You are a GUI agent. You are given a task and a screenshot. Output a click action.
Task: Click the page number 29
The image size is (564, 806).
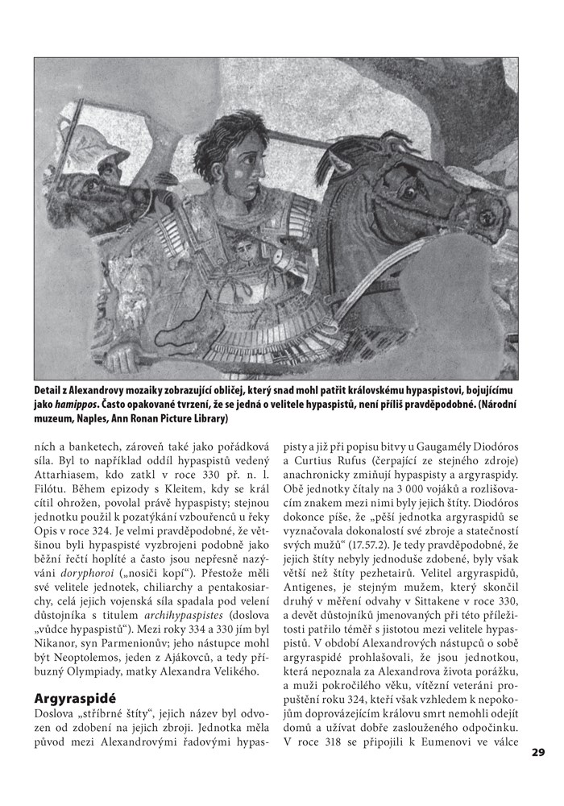539,753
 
